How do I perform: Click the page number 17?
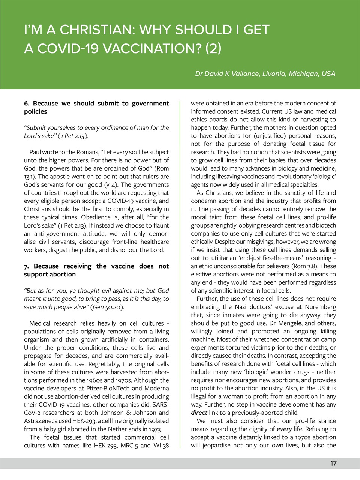coord(333,463)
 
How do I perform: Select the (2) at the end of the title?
coord(213,48)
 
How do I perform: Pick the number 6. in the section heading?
coord(27,103)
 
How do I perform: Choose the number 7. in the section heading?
coord(26,266)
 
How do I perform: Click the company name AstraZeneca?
coord(40,421)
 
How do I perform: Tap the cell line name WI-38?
coord(161,445)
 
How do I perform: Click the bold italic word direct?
coord(199,412)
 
